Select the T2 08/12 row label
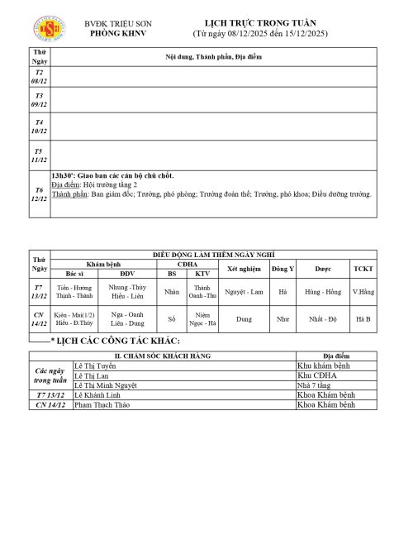click(x=39, y=78)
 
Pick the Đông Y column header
click(x=282, y=269)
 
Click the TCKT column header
click(x=363, y=269)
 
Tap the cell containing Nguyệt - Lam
click(x=244, y=292)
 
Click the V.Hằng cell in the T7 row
click(x=363, y=292)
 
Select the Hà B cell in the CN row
click(x=363, y=318)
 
